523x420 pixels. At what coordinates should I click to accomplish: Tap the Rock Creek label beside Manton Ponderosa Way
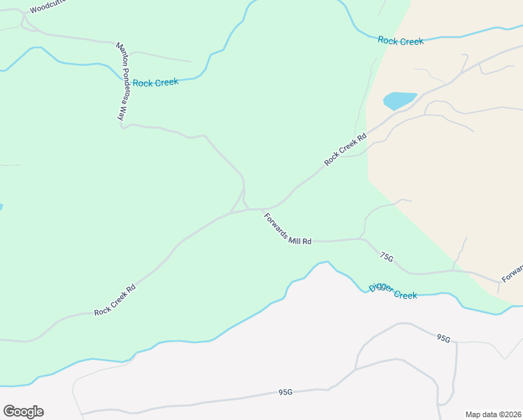tap(155, 83)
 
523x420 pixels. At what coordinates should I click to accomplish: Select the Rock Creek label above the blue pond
tap(400, 41)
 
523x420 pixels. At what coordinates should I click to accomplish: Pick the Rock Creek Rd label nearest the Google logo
tap(115, 300)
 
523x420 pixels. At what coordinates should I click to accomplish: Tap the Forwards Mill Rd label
tap(287, 228)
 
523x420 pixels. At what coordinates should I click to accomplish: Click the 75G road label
tap(387, 258)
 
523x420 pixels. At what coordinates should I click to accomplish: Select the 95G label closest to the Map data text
tap(443, 338)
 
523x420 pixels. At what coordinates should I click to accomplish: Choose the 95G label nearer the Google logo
tap(285, 393)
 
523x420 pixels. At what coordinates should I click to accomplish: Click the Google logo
tap(23, 412)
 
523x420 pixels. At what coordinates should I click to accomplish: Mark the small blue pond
tap(399, 100)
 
